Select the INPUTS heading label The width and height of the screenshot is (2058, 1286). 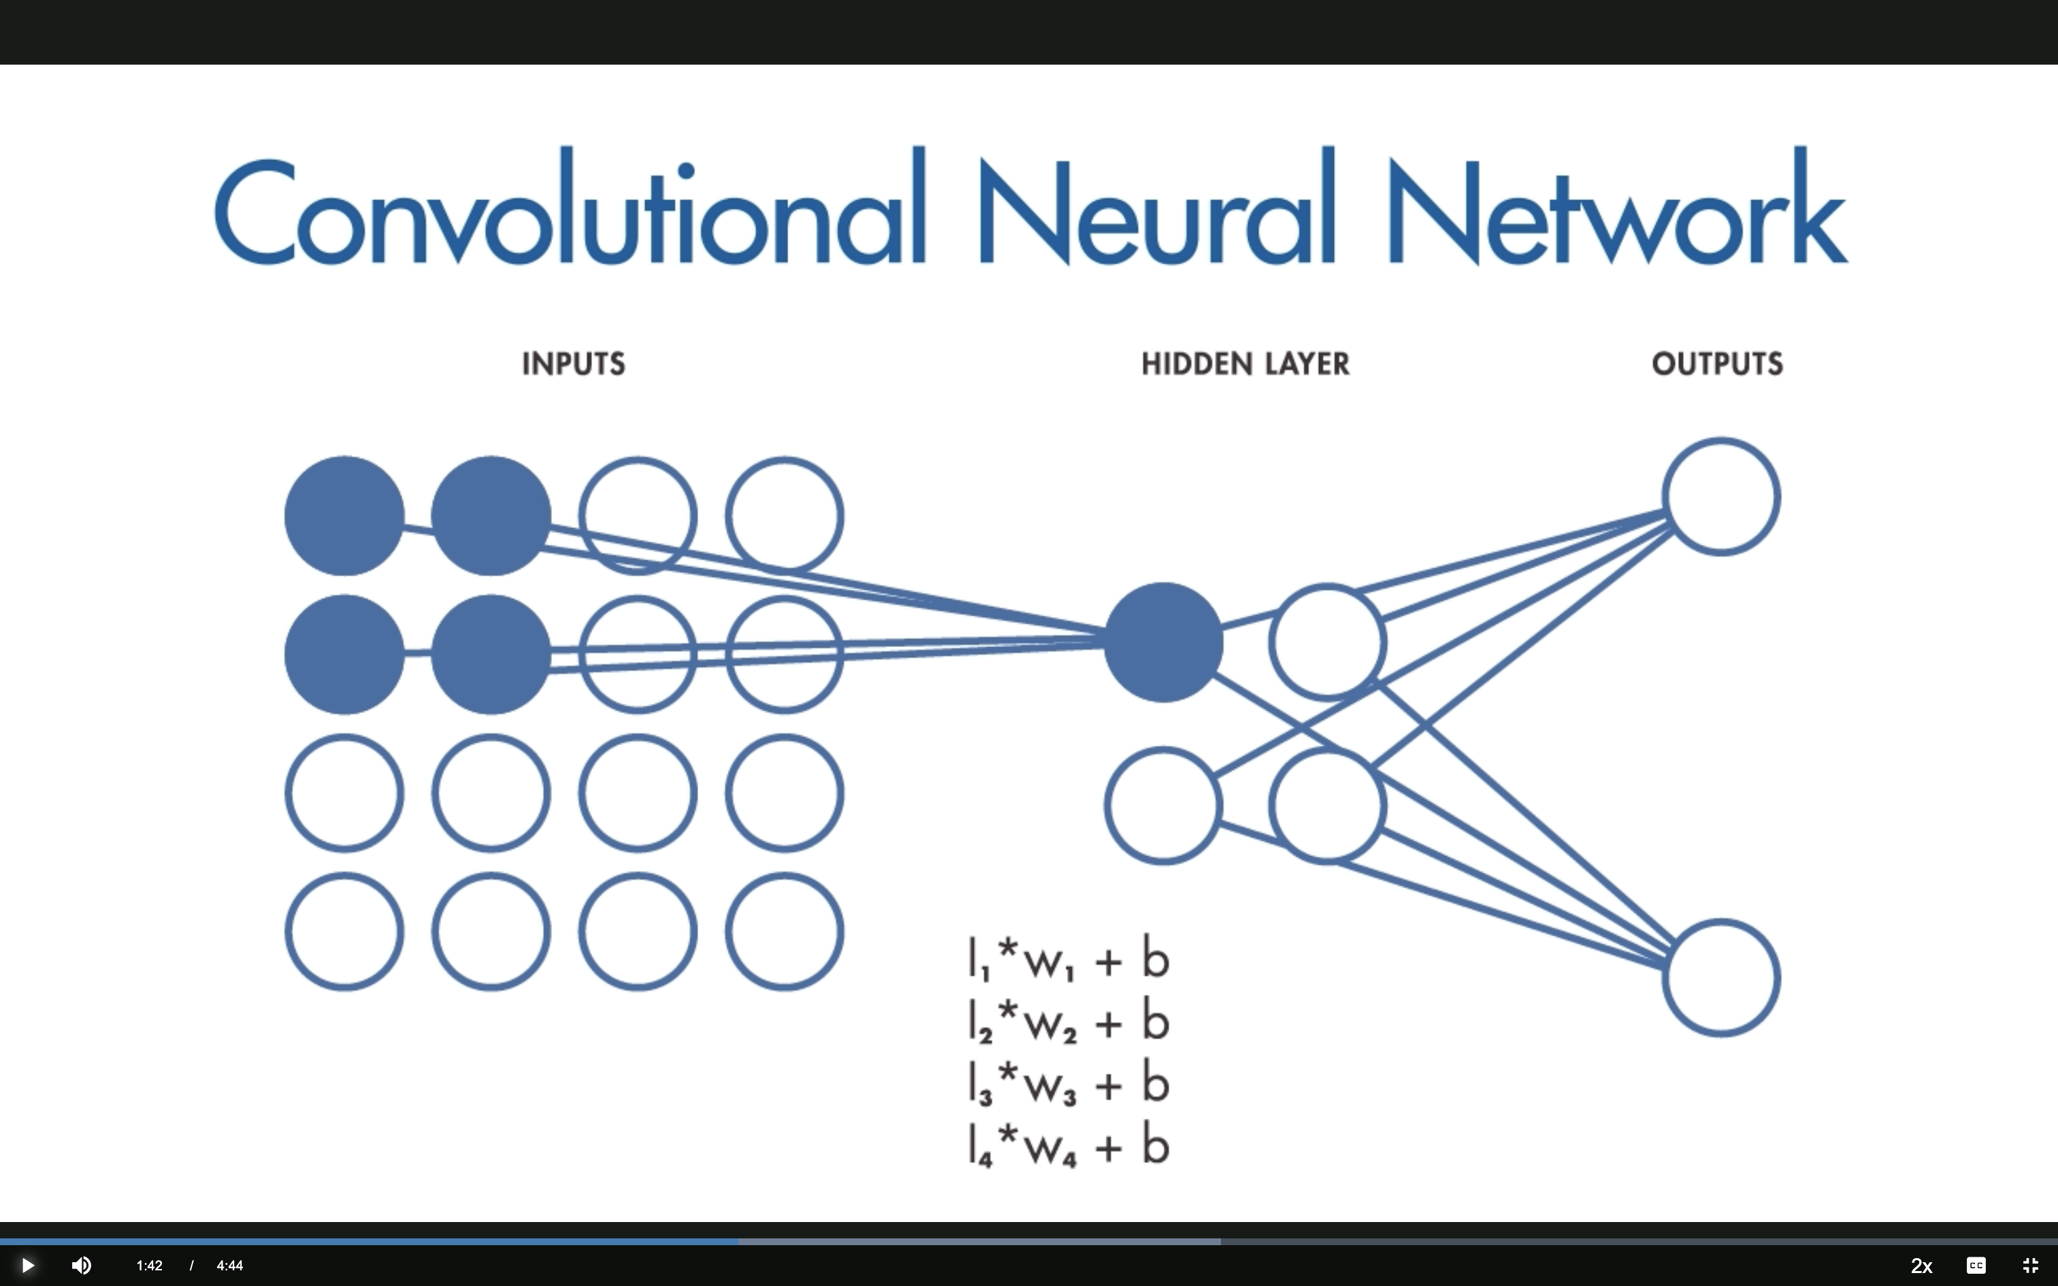point(573,364)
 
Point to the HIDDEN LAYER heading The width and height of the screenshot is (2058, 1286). point(1245,364)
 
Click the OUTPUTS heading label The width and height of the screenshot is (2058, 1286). point(1717,364)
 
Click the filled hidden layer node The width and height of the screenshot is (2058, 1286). point(1163,642)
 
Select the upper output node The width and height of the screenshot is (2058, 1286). point(1721,497)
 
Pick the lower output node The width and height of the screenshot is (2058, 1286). point(1721,977)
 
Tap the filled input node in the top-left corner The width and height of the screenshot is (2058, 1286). point(344,516)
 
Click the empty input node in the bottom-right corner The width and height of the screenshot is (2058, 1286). point(784,931)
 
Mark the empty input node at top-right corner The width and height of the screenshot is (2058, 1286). point(784,516)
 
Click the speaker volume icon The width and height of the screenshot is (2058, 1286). point(82,1266)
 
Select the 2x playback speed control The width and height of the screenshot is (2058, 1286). point(1921,1266)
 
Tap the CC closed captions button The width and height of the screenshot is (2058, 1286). point(1976,1266)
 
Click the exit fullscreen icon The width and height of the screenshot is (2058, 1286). point(2030,1266)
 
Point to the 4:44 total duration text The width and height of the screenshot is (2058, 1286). point(229,1266)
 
